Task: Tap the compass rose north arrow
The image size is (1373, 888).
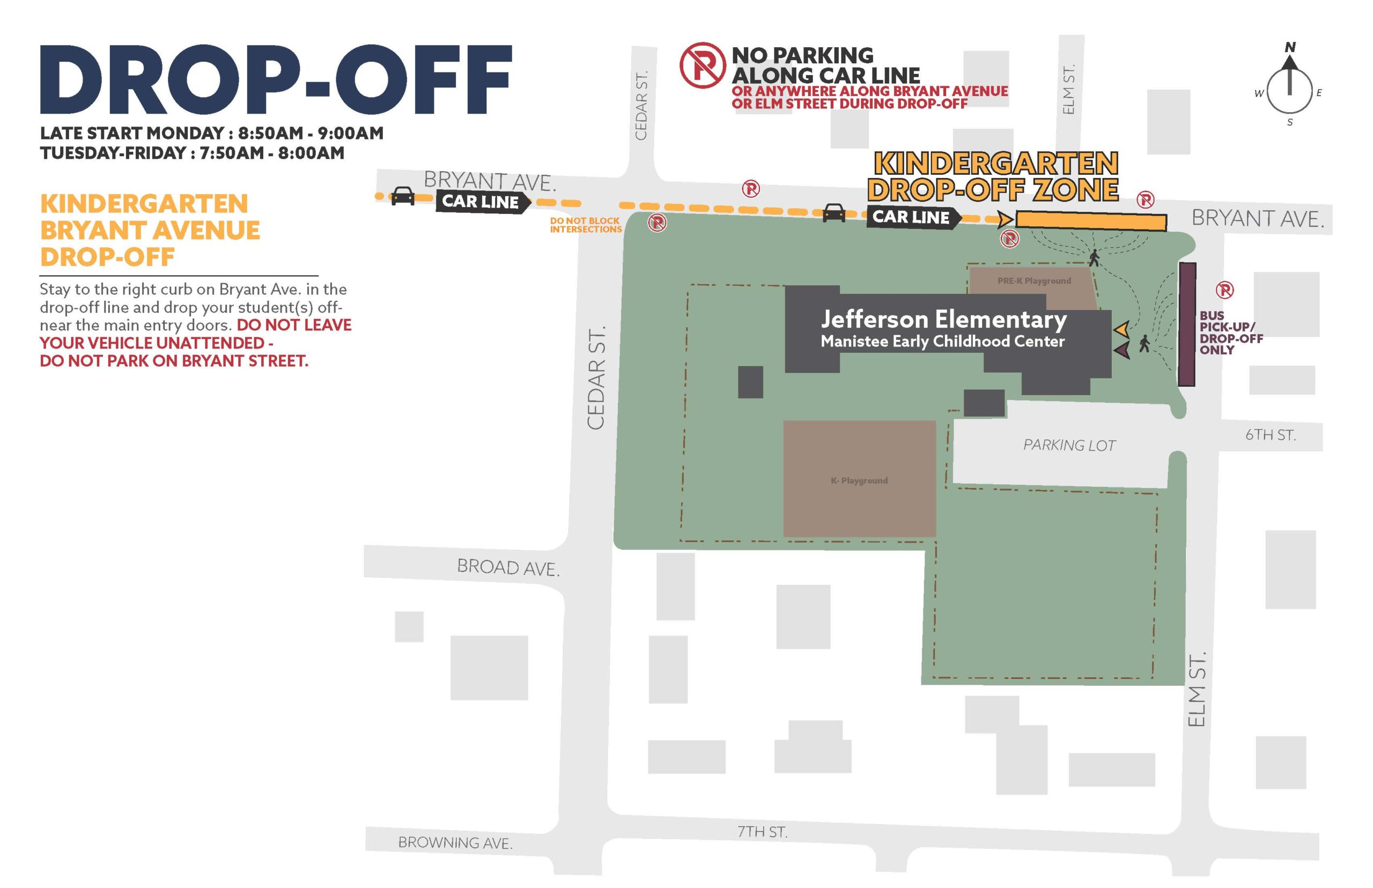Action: click(x=1289, y=75)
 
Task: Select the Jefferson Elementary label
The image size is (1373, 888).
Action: click(x=943, y=319)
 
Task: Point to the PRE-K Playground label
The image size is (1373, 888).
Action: click(x=1034, y=281)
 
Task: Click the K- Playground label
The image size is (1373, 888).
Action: click(x=859, y=480)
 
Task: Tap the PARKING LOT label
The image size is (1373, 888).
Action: click(x=1068, y=445)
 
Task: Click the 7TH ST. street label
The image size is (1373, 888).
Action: click(x=762, y=831)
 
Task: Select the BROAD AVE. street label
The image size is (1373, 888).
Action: click(x=507, y=567)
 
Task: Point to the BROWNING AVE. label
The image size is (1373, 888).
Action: click(x=454, y=842)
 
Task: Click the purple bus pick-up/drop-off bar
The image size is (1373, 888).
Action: click(x=1186, y=324)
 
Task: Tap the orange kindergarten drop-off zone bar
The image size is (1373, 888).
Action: click(x=1090, y=221)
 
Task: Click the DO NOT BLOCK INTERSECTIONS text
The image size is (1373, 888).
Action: click(x=585, y=225)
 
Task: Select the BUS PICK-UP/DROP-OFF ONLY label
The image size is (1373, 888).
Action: click(x=1230, y=332)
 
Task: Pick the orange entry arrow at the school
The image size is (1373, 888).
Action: click(x=1121, y=329)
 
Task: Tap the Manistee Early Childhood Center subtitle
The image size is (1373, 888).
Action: click(x=942, y=342)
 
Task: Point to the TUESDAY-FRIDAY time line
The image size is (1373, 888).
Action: click(x=192, y=153)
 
